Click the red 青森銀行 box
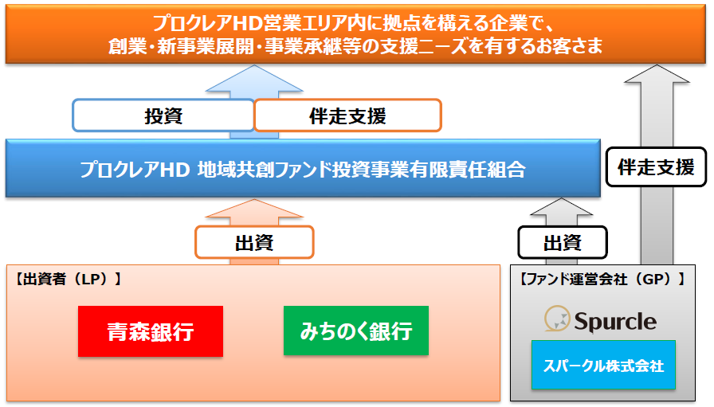coord(151,331)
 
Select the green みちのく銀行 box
coord(356,331)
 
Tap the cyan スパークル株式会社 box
coord(603,365)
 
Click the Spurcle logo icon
coord(557,319)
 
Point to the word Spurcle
coord(615,322)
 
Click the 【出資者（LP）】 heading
coord(68,279)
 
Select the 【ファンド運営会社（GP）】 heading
coord(602,279)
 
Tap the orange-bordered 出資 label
coord(254,242)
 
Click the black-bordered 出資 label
coord(563,242)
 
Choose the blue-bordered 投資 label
coord(163,115)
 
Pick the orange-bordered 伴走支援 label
coord(348,115)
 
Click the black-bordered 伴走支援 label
coord(656,167)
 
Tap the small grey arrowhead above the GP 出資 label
coord(562,207)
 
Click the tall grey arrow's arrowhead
coord(657,74)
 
